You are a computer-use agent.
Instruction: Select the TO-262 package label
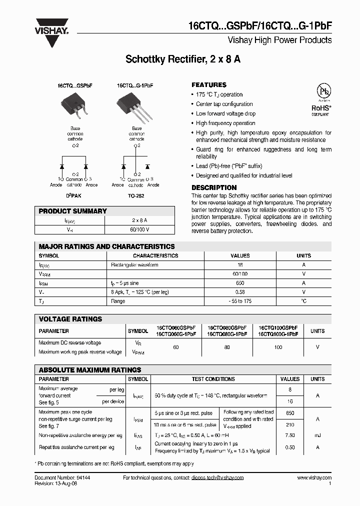point(136,195)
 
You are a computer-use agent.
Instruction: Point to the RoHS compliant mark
point(320,108)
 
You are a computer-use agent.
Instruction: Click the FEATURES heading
point(209,85)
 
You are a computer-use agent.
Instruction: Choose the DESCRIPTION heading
point(214,187)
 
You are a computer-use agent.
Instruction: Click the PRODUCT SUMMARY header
point(73,211)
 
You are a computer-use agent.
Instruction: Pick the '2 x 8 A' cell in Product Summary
point(139,220)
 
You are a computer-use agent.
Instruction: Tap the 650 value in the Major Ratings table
point(240,283)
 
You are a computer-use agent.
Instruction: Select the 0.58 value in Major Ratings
point(240,292)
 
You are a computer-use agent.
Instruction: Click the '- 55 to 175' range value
point(240,301)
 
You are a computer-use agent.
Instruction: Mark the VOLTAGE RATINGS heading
point(70,319)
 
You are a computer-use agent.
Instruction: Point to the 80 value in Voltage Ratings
point(226,347)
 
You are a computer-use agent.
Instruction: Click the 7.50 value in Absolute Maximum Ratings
point(289,435)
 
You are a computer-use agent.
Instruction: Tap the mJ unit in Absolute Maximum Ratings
point(317,435)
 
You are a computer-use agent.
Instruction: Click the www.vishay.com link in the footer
point(314,478)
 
